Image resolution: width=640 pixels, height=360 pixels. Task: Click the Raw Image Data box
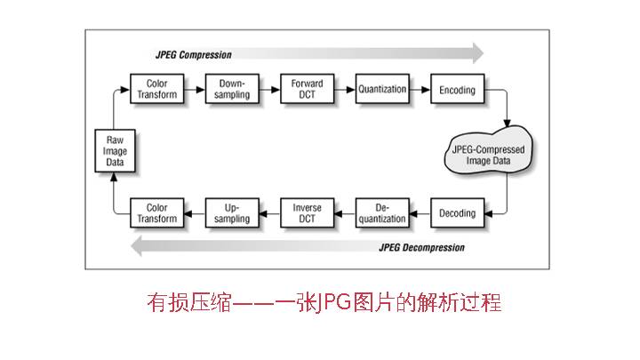116,151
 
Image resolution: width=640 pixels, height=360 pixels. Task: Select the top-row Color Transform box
156,90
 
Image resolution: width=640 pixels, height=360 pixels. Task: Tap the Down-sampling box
232,90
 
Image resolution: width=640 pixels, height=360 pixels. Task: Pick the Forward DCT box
307,90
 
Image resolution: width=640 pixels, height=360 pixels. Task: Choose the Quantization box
382,90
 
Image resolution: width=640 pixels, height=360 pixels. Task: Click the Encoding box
458,90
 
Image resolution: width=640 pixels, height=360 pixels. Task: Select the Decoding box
458,213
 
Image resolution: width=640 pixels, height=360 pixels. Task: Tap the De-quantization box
382,213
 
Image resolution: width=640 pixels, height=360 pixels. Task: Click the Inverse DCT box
307,213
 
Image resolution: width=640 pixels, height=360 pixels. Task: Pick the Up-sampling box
232,213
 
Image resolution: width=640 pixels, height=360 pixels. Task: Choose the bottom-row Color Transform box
156,213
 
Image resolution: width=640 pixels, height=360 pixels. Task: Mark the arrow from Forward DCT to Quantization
344,90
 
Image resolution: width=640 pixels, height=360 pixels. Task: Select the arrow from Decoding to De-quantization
420,213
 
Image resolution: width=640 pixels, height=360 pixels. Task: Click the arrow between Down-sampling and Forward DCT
269,90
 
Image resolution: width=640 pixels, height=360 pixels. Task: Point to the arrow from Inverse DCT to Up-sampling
269,213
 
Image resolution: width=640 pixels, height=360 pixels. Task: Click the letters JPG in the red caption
312,302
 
